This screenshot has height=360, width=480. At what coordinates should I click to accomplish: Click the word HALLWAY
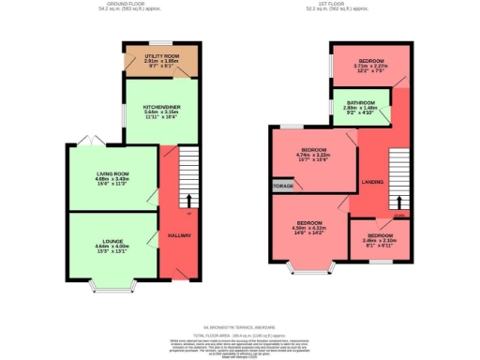(180, 235)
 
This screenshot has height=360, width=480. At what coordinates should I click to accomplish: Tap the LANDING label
(372, 181)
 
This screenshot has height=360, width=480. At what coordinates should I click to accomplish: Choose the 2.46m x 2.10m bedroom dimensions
(380, 241)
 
